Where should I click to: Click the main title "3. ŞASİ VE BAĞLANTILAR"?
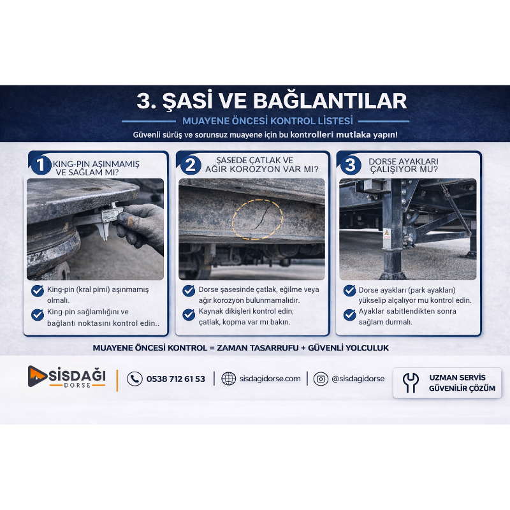[x=272, y=101]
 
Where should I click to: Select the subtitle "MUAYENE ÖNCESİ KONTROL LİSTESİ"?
[x=267, y=120]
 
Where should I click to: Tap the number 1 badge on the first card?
[x=40, y=165]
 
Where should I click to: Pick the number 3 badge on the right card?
[x=350, y=165]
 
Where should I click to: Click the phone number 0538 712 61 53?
[x=176, y=379]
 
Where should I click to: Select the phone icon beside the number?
[x=135, y=379]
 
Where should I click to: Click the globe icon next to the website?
[x=228, y=379]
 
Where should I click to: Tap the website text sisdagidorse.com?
[x=270, y=379]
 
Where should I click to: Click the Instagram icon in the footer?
[x=321, y=379]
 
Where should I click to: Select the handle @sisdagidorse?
[x=358, y=379]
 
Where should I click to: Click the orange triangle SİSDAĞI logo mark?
[x=36, y=376]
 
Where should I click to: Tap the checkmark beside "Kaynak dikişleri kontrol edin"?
[x=189, y=314]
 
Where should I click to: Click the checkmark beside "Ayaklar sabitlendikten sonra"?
[x=349, y=314]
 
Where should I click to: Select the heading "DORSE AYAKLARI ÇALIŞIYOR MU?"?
[x=403, y=166]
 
